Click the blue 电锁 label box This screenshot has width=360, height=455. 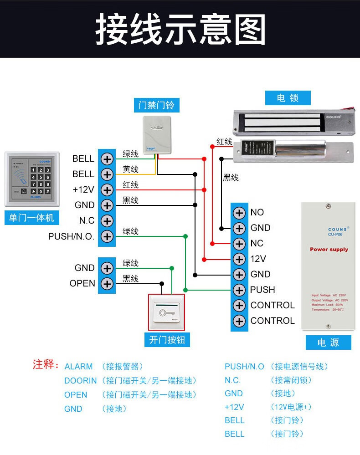pos(288,98)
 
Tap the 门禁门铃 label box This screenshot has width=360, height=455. pos(156,105)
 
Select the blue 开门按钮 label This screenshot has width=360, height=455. pos(167,339)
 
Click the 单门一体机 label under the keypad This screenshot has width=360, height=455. pos(31,218)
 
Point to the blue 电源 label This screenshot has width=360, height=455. pos(328,343)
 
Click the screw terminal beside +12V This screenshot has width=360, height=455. pos(107,189)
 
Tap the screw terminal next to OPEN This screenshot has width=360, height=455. pos(107,283)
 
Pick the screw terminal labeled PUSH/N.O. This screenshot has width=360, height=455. pos(107,236)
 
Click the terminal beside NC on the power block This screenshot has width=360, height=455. pos(239,243)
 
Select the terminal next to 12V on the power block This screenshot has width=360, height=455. pos(239,259)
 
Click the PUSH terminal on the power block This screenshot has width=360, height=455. pos(239,290)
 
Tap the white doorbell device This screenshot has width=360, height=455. pos(156,135)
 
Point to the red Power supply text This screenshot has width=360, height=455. pos(329,250)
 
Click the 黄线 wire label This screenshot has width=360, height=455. pos(130,169)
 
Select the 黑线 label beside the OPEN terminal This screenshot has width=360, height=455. pos(130,279)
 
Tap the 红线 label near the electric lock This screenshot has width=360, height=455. pos(224,142)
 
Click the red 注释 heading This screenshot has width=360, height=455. pos(46,365)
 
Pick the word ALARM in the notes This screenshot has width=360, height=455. pos(78,367)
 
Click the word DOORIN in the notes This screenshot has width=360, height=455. pos(80,381)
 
